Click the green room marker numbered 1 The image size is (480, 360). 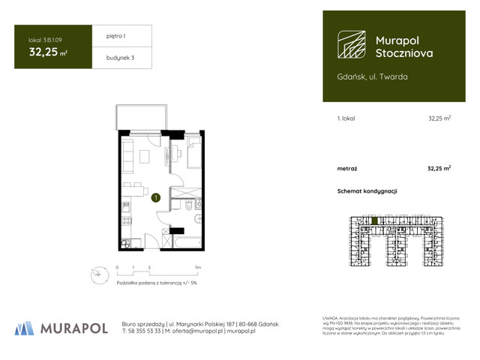pyautogui.click(x=154, y=198)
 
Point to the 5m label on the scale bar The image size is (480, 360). pyautogui.click(x=198, y=267)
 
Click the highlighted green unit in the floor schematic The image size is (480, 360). pyautogui.click(x=373, y=220)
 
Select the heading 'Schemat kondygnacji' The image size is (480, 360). pyautogui.click(x=367, y=191)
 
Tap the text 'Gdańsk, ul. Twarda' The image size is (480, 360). pyautogui.click(x=373, y=76)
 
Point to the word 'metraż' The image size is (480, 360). pyautogui.click(x=346, y=169)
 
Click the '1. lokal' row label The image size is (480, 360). pyautogui.click(x=346, y=118)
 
